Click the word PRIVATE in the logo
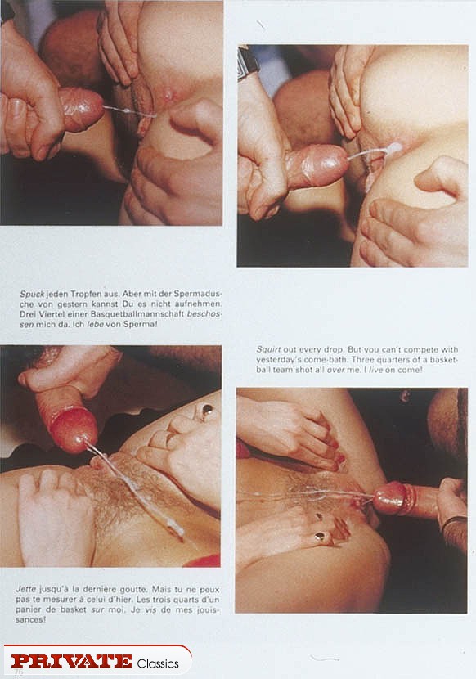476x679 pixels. coord(72,661)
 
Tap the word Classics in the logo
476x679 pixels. coord(158,663)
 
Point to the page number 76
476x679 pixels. coord(19,672)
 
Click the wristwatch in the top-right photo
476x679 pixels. coord(248,63)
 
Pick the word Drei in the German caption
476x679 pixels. coord(27,314)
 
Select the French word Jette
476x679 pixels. coord(26,589)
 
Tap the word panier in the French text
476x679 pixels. coord(27,609)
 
